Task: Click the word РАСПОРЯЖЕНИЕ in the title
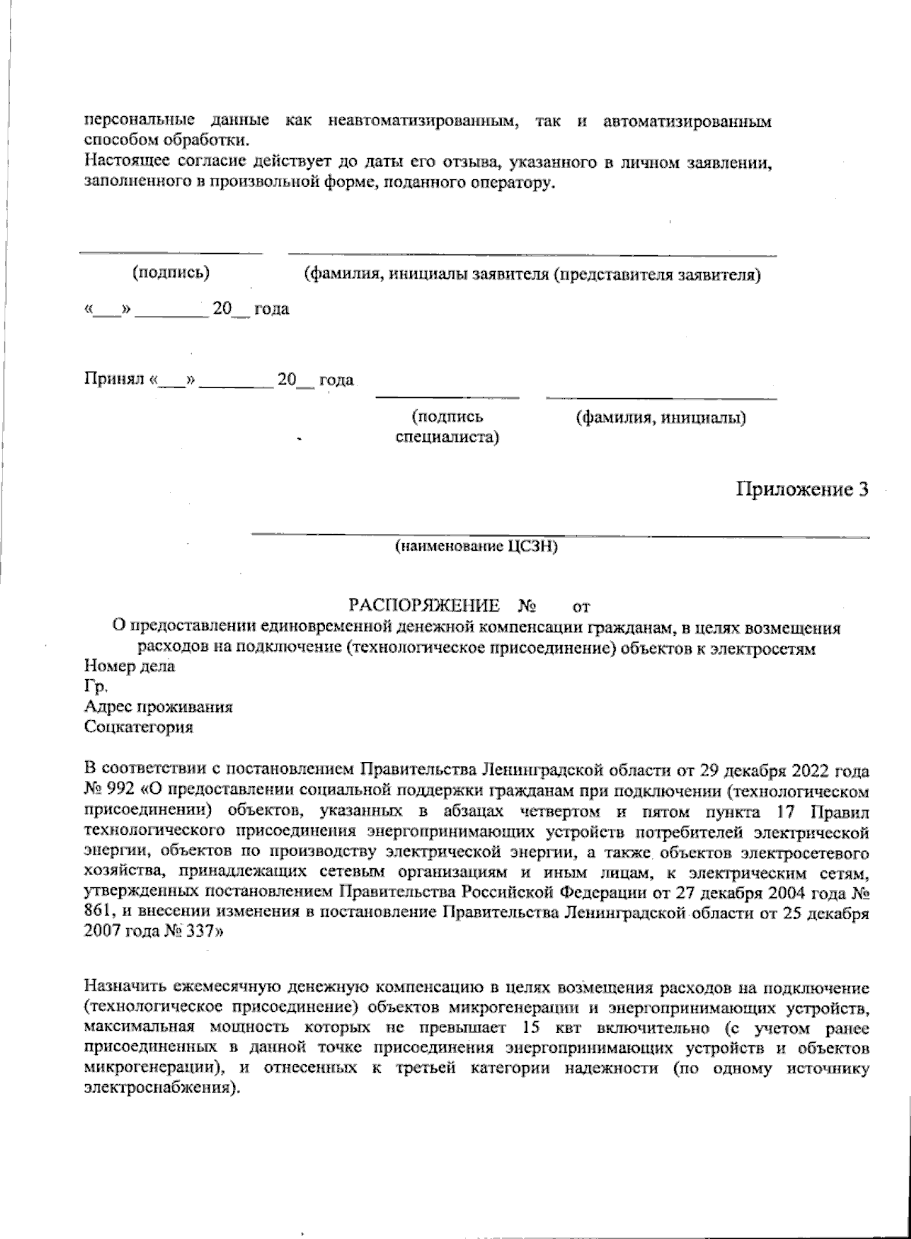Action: pyautogui.click(x=424, y=605)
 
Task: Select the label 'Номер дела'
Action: pyautogui.click(x=129, y=667)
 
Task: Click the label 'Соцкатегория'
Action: pyautogui.click(x=138, y=727)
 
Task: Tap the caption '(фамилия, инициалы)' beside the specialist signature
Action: pyautogui.click(x=660, y=418)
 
